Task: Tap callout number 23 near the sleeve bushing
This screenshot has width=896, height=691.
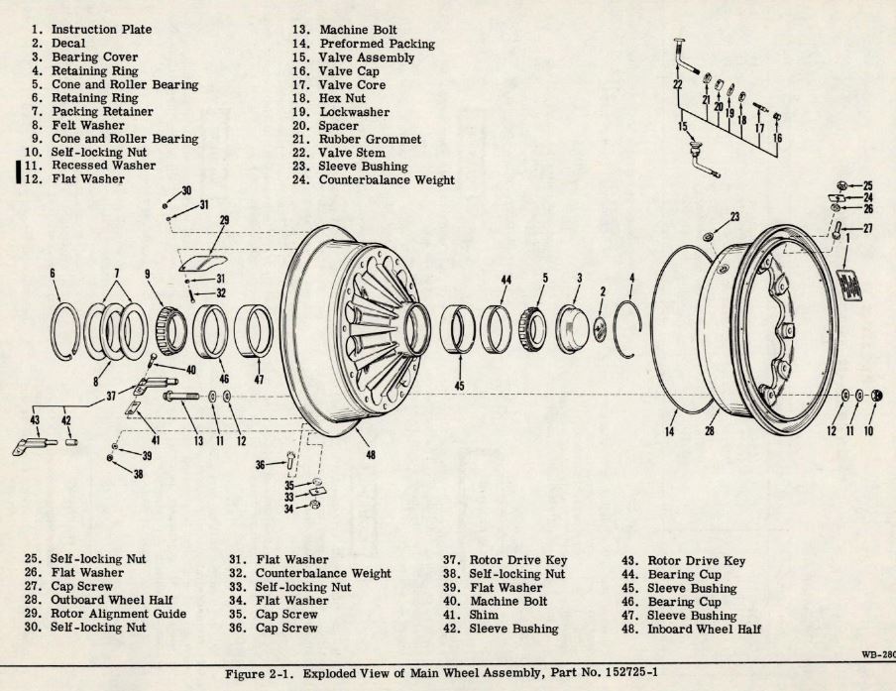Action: (x=734, y=215)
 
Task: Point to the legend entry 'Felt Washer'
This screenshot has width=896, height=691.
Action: (x=87, y=126)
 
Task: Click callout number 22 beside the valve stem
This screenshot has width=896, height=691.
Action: (x=678, y=84)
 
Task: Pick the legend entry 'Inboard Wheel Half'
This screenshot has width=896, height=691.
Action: (x=704, y=629)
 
